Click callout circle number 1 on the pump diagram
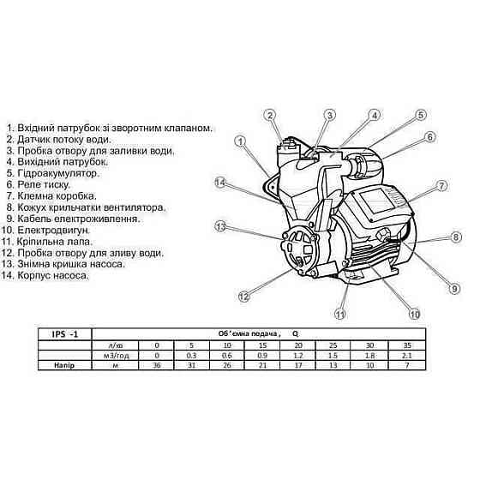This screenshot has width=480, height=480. click(241, 141)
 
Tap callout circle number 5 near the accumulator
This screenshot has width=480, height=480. click(421, 115)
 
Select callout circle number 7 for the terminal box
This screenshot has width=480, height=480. click(441, 185)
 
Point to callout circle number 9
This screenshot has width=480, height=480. click(454, 288)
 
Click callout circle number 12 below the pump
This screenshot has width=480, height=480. click(244, 296)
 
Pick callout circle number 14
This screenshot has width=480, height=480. click(221, 183)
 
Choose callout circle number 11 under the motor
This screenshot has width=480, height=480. click(340, 314)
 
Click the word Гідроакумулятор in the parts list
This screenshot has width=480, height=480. click(58, 173)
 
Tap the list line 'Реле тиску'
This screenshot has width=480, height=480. click(39, 184)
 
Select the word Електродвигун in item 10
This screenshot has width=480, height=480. click(54, 230)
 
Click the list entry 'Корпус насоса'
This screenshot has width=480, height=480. click(45, 275)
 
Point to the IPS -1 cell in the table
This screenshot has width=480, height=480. click(65, 334)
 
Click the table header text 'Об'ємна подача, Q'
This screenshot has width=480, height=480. click(258, 333)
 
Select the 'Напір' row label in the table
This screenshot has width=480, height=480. click(64, 365)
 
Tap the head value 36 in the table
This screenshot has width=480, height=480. click(157, 365)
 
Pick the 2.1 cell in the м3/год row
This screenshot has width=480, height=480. click(407, 356)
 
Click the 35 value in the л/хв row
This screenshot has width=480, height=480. click(407, 345)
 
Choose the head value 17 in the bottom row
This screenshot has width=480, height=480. click(298, 365)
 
